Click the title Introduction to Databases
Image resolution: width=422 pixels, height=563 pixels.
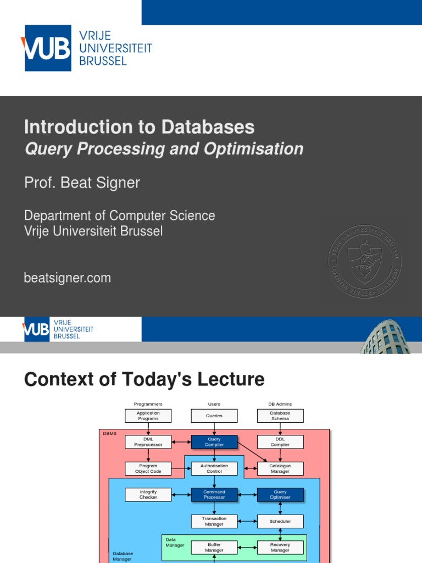point(139,127)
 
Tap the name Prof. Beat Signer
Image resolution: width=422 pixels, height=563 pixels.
point(82,183)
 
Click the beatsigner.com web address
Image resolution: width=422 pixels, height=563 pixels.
point(67,278)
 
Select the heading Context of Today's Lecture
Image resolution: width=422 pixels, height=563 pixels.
point(144,379)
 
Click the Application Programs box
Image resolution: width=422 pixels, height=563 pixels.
point(148,416)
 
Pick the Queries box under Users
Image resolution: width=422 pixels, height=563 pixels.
point(214,416)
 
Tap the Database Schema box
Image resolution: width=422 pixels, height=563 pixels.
point(280,416)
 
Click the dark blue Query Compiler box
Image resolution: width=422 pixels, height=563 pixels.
point(214,442)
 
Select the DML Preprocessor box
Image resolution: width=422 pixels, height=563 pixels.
point(148,442)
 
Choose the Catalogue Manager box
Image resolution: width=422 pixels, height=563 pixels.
point(280,468)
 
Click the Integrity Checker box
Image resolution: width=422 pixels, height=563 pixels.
point(148,495)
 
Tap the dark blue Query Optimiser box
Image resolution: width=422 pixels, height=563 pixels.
point(280,495)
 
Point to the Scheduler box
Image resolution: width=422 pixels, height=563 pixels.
point(280,521)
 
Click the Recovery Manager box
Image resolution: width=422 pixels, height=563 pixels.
point(280,548)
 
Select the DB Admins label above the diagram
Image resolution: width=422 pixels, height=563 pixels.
point(280,404)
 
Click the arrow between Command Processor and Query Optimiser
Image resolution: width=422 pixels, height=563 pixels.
point(247,495)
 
